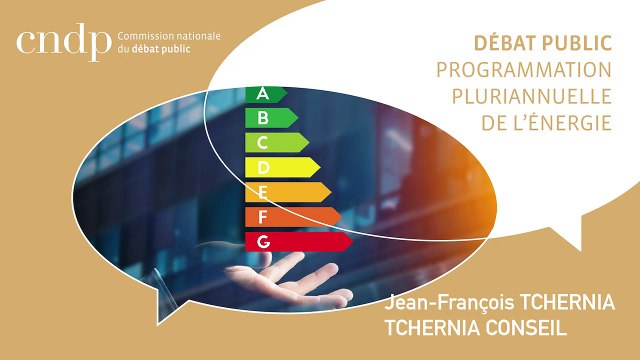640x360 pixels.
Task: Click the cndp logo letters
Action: coord(62,43)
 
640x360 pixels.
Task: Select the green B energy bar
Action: coord(270,118)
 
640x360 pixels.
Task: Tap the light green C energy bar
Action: coord(276,142)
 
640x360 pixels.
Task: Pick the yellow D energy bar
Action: coord(281,166)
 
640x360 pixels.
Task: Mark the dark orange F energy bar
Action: coord(292,216)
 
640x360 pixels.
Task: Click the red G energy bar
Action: coord(297,241)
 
